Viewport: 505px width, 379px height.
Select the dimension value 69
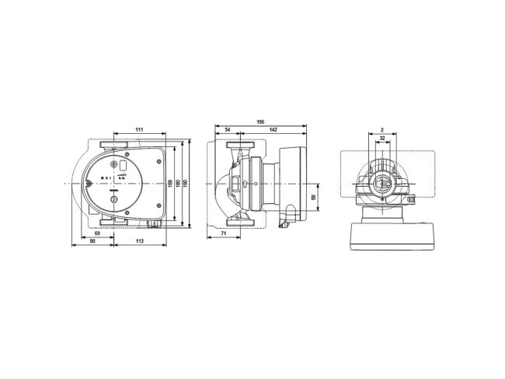(96, 233)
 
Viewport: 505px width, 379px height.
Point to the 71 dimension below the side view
(224, 233)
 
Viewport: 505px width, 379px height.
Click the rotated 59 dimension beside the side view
(314, 198)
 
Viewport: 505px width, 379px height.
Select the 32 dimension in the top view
(382, 139)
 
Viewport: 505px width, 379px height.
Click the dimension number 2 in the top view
(382, 129)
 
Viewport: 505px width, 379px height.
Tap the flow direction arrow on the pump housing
(246, 184)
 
